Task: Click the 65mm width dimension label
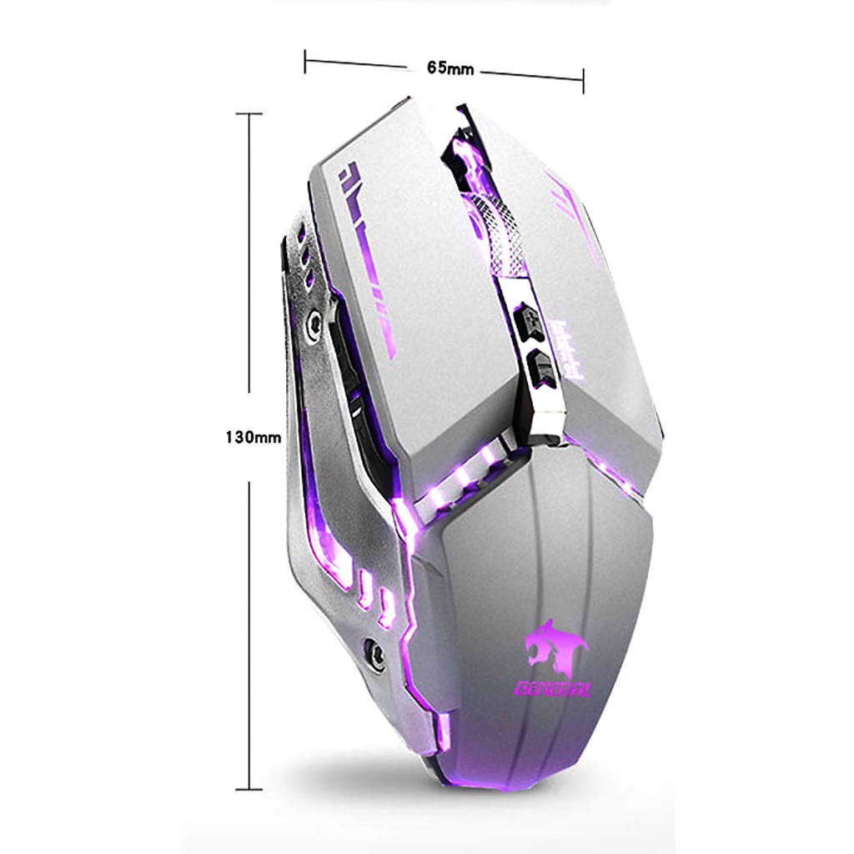click(x=450, y=68)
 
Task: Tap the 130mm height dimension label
click(x=253, y=436)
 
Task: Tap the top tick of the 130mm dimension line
click(x=249, y=113)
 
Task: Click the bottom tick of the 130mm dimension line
click(x=249, y=789)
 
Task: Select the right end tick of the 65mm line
click(x=583, y=81)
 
